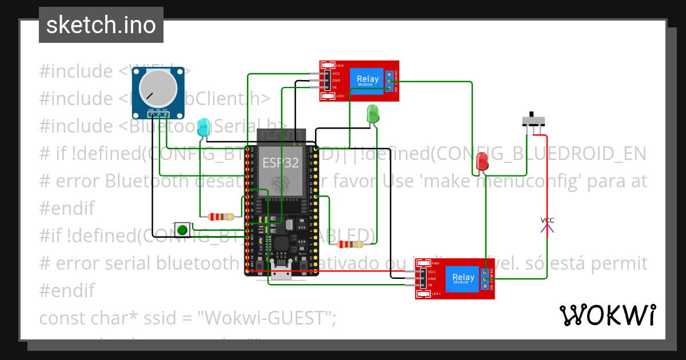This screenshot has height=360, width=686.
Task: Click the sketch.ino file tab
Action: click(x=101, y=25)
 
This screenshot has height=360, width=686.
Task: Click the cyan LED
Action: click(x=203, y=127)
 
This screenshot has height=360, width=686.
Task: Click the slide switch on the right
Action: click(x=534, y=121)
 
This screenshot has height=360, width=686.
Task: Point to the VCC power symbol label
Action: click(x=547, y=221)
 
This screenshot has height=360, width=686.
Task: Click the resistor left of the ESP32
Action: click(x=221, y=217)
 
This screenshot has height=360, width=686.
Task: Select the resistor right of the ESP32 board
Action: click(x=350, y=245)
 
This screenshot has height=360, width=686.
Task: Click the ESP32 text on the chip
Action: click(x=280, y=162)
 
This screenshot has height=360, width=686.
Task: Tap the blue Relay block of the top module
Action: click(x=368, y=81)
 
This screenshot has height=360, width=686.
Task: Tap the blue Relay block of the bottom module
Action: click(x=463, y=278)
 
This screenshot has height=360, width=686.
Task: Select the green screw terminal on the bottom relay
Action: click(x=485, y=279)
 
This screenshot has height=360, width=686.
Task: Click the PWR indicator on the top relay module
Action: click(x=329, y=65)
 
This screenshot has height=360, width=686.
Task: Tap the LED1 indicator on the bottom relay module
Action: click(x=424, y=294)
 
